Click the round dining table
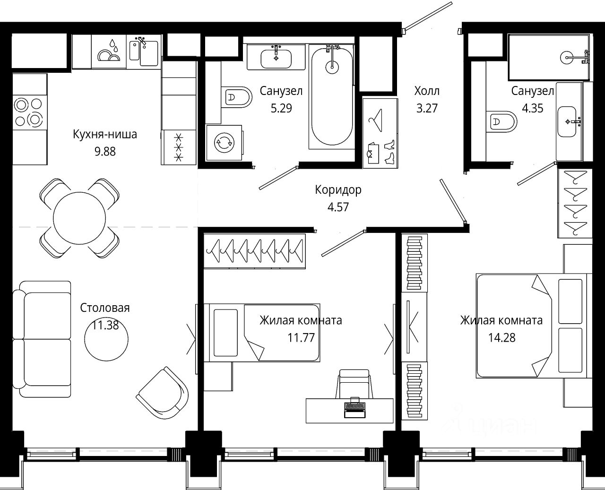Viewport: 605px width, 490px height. coord(79,218)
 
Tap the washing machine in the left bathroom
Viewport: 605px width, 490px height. coord(225,143)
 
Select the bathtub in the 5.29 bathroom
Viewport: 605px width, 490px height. coord(332,96)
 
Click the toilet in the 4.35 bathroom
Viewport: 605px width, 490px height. coord(501,121)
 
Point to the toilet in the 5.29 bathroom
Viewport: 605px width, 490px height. coord(236,97)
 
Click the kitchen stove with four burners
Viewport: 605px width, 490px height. coord(30,112)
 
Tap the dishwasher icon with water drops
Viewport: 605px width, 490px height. coord(109,52)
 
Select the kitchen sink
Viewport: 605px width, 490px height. coord(144,52)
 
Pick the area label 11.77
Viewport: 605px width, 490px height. coord(301,338)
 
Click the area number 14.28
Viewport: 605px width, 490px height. coord(501,338)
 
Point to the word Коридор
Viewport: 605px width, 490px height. coord(338,189)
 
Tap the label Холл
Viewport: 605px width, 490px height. coord(427,91)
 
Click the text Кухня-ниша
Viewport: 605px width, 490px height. coord(105,134)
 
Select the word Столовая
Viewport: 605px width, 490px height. coord(105,308)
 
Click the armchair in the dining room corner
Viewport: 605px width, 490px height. coord(162,393)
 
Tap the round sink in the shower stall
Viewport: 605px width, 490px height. coord(567,58)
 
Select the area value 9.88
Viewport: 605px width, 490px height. coord(105,152)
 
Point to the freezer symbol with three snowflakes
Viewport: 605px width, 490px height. coord(179,147)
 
